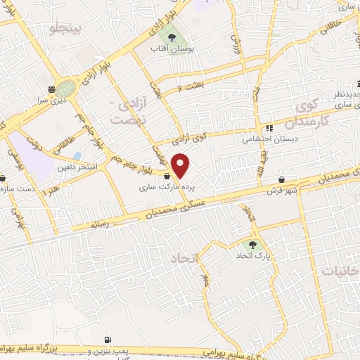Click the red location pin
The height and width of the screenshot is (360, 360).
pos(181,165)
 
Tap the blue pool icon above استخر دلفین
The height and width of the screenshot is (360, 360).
pos(76,155)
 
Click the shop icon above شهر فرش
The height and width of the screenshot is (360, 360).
pos(281,179)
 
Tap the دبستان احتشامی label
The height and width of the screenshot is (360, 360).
pos(271,139)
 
